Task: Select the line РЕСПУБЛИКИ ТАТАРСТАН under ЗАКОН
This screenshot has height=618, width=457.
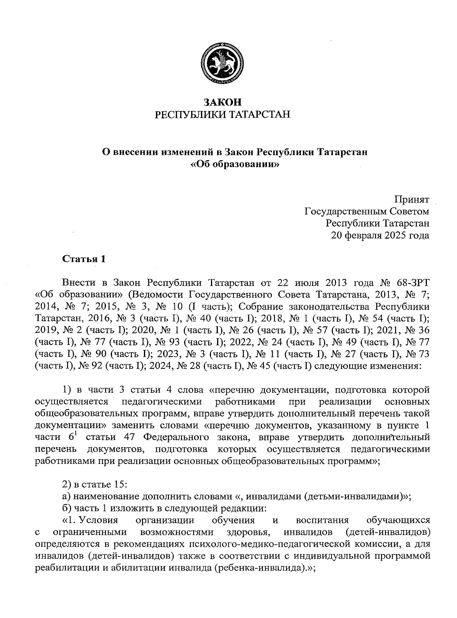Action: [x=223, y=115]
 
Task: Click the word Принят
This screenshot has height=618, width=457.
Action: [x=412, y=199]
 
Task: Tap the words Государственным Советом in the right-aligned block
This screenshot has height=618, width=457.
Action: [x=367, y=211]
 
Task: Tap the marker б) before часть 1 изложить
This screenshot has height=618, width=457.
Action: [x=66, y=508]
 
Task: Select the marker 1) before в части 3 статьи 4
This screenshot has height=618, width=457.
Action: [x=67, y=390]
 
